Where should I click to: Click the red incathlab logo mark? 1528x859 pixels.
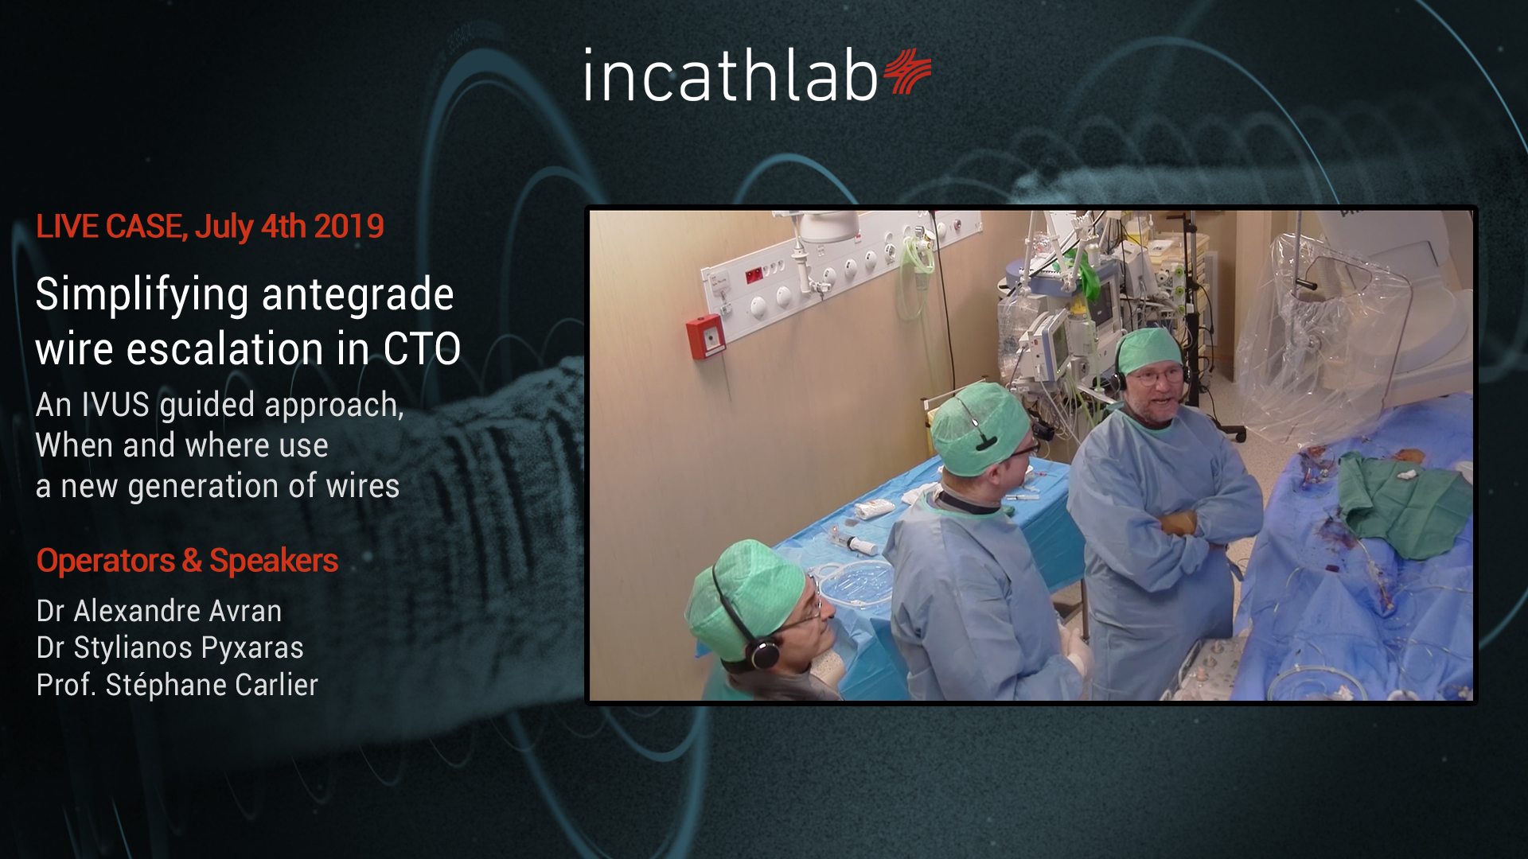(907, 72)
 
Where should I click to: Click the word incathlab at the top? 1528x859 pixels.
(731, 75)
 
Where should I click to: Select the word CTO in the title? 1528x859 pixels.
(422, 349)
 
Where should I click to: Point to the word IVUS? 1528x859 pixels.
(115, 405)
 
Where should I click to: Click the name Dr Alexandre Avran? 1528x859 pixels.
(159, 611)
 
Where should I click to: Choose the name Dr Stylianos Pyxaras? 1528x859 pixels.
(170, 648)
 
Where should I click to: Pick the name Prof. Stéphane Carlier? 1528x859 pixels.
(177, 685)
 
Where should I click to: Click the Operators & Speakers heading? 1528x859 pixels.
(187, 561)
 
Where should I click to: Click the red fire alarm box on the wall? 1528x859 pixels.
(705, 337)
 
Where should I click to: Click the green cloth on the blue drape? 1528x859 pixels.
(1401, 500)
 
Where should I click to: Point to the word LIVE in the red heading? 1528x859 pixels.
(68, 227)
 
